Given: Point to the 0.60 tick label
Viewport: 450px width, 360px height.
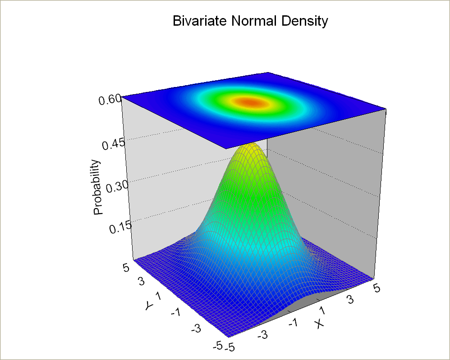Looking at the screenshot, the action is (110, 100).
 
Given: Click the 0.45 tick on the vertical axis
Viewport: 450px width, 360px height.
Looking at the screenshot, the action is (114, 144).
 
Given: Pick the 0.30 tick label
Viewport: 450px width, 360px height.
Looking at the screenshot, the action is (117, 187).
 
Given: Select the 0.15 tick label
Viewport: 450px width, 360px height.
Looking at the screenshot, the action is (121, 228).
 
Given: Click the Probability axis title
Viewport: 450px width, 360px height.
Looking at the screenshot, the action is (98, 187).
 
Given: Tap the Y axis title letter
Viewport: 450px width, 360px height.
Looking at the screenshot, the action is (149, 306).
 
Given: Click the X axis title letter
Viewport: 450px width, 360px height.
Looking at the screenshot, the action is (319, 324).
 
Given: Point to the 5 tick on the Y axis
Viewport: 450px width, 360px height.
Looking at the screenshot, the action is (126, 268).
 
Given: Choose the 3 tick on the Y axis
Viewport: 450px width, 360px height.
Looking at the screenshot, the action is (141, 282).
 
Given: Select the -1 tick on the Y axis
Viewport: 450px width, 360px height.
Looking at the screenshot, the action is (176, 312).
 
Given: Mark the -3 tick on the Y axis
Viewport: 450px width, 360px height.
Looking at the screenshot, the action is (196, 328).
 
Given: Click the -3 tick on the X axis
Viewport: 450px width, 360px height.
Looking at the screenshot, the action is (262, 334).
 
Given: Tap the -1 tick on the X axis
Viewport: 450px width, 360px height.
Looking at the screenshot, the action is (293, 324).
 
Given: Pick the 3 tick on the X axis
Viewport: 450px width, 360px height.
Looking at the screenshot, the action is (350, 300).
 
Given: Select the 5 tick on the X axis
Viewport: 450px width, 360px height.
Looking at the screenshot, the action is (377, 288).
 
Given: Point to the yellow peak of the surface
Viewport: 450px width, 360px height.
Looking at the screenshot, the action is (249, 147).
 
